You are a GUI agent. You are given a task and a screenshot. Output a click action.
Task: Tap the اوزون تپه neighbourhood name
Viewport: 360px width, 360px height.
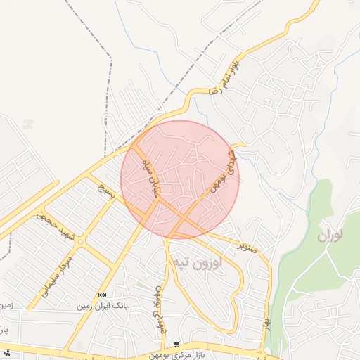[195, 263]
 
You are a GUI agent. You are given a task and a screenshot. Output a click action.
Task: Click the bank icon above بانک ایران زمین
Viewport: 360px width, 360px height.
[103, 295]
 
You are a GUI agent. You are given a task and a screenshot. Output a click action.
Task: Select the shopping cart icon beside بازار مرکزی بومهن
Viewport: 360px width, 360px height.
[176, 345]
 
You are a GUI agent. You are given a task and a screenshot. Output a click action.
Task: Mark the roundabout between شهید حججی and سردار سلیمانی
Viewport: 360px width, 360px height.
[82, 243]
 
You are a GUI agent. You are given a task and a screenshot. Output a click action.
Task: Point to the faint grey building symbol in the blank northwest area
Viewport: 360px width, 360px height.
[27, 123]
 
